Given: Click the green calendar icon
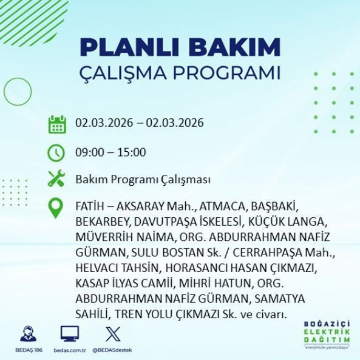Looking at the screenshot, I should coord(56,124).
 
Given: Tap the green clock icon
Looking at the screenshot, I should coord(56,152).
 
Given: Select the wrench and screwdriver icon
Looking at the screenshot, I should coord(56,180).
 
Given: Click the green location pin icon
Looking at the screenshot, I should coord(56,208).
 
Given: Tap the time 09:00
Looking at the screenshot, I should coord(89,152).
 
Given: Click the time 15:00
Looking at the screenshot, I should coord(132,152).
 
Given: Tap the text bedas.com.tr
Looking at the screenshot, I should coord(69,350).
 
